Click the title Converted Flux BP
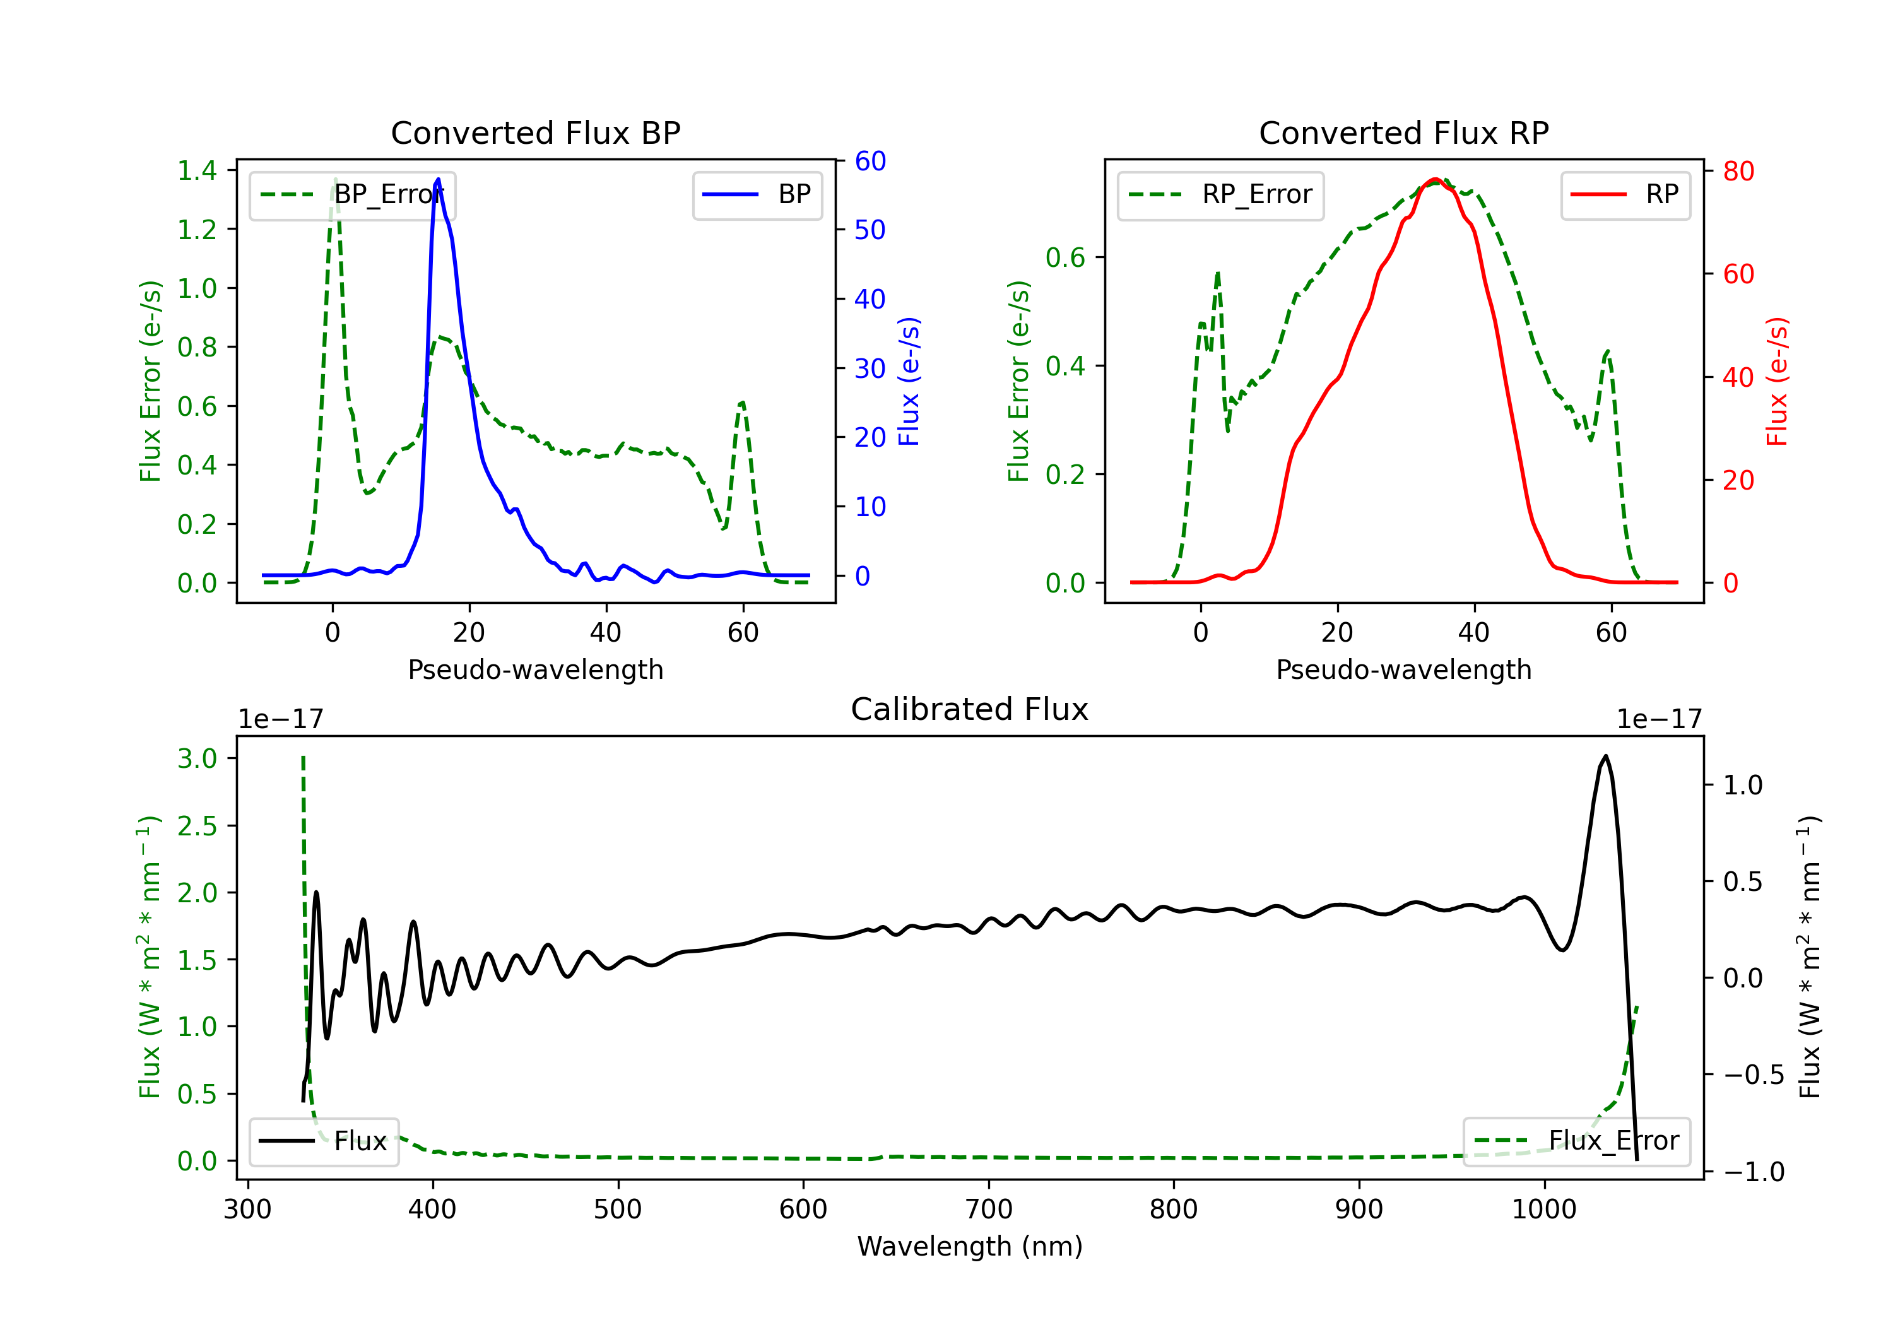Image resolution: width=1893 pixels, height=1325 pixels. [x=535, y=132]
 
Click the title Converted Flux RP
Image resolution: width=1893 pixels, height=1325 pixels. [x=1403, y=132]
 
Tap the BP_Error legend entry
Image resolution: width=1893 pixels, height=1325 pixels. [x=353, y=194]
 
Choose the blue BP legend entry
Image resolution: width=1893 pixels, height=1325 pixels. [x=757, y=194]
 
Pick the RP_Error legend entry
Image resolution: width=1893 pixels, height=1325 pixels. [x=1220, y=194]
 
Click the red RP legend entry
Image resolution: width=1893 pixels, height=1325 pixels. [x=1625, y=194]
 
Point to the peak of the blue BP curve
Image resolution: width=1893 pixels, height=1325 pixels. [x=438, y=180]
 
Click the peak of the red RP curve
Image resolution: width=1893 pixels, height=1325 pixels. [x=1436, y=180]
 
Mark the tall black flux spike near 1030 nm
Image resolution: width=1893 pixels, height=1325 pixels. [x=1605, y=757]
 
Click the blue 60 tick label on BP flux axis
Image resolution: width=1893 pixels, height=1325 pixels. [x=870, y=161]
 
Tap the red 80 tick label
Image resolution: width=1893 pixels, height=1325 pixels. [x=1738, y=172]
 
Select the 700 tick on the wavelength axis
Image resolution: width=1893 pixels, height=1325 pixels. [x=989, y=1210]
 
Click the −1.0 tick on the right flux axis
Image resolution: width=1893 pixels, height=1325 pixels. [x=1753, y=1172]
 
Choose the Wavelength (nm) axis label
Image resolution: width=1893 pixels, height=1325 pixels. [x=970, y=1246]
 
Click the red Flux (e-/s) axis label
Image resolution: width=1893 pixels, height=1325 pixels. [x=1777, y=381]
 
